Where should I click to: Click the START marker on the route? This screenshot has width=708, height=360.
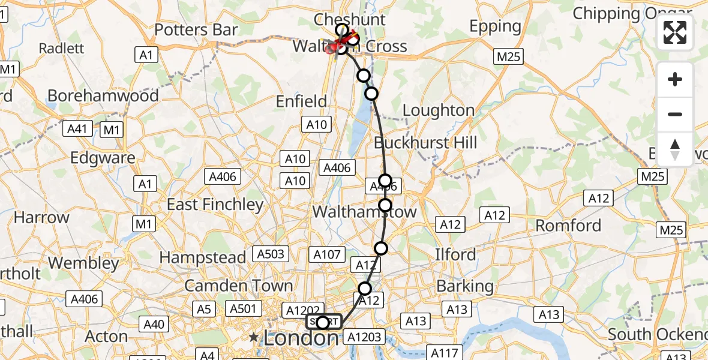(323, 322)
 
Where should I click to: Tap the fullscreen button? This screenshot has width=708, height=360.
(675, 32)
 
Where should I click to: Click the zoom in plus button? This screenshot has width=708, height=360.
(675, 79)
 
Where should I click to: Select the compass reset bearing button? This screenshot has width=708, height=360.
(675, 149)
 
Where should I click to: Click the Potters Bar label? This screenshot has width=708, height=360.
(196, 30)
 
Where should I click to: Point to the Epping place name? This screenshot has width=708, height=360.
(495, 26)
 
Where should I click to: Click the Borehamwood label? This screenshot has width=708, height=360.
(103, 95)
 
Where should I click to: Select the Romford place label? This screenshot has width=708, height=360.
(568, 226)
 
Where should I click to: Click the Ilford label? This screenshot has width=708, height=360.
(455, 254)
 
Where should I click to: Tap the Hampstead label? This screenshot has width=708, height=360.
(203, 258)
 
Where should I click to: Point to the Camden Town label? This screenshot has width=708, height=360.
(238, 286)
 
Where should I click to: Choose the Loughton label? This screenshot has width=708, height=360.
(439, 110)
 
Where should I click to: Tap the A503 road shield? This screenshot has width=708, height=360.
(270, 254)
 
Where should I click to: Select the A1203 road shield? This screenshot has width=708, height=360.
(364, 337)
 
